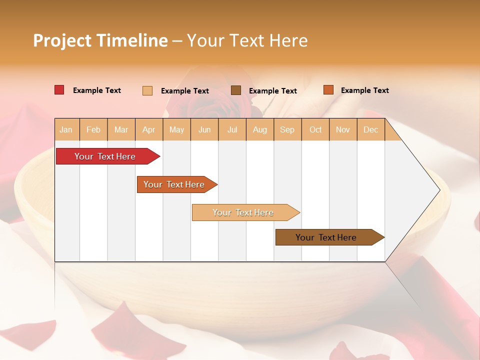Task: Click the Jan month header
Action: pyautogui.click(x=66, y=129)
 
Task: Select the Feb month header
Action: pyautogui.click(x=93, y=129)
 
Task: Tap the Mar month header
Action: pyautogui.click(x=121, y=129)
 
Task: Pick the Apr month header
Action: pyautogui.click(x=148, y=129)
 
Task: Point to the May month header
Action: pyautogui.click(x=176, y=129)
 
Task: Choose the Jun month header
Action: pyautogui.click(x=204, y=129)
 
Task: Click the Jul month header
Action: pyautogui.click(x=232, y=129)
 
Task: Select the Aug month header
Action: pyautogui.click(x=259, y=129)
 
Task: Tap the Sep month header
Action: pyautogui.click(x=287, y=129)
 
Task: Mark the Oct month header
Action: pyautogui.click(x=315, y=129)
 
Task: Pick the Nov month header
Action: pyautogui.click(x=343, y=129)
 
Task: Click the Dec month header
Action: pyautogui.click(x=370, y=129)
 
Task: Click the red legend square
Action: pyautogui.click(x=59, y=90)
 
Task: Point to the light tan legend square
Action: pyautogui.click(x=147, y=90)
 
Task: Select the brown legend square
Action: pyautogui.click(x=236, y=90)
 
